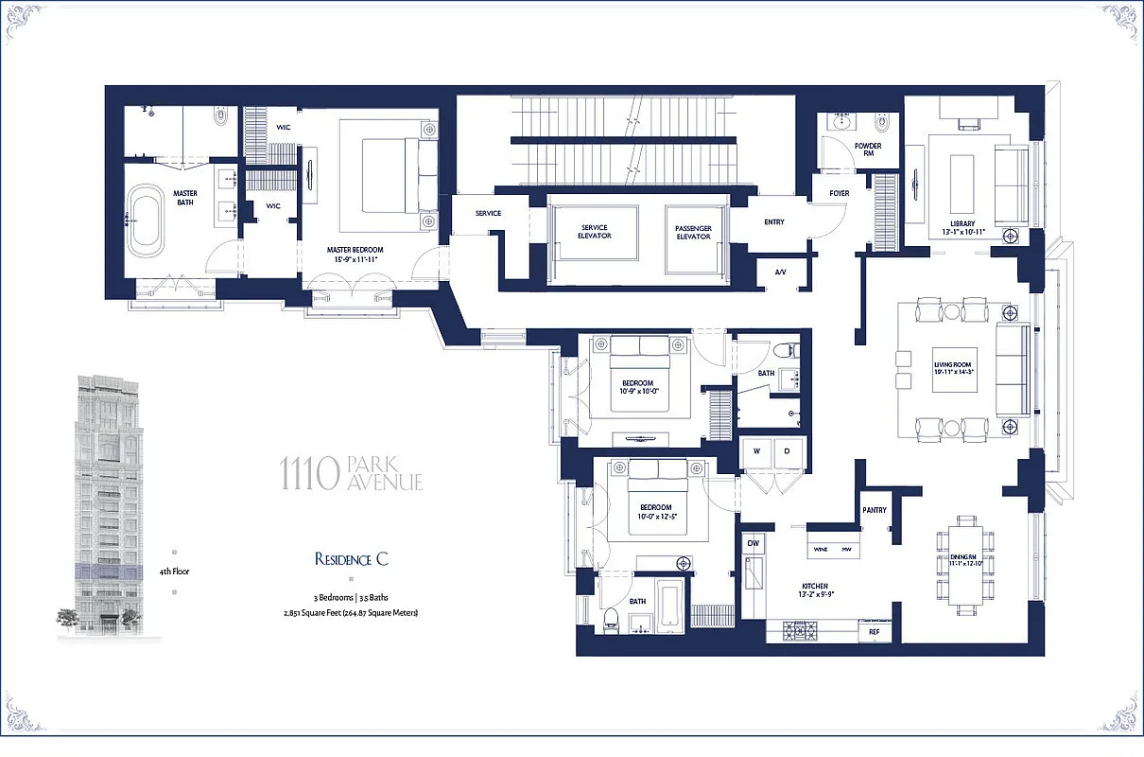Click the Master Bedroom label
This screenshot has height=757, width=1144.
point(355,250)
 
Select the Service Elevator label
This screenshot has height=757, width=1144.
point(595,231)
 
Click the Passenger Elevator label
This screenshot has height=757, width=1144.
point(693,231)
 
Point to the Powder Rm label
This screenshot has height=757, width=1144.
point(868,150)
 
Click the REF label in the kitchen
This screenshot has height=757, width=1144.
point(874,631)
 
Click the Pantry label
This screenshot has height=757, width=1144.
point(875,510)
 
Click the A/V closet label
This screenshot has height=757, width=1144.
point(781,272)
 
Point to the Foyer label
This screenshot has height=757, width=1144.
point(839,193)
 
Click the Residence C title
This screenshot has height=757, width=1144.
point(352,559)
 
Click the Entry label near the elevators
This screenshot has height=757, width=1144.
point(773,222)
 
